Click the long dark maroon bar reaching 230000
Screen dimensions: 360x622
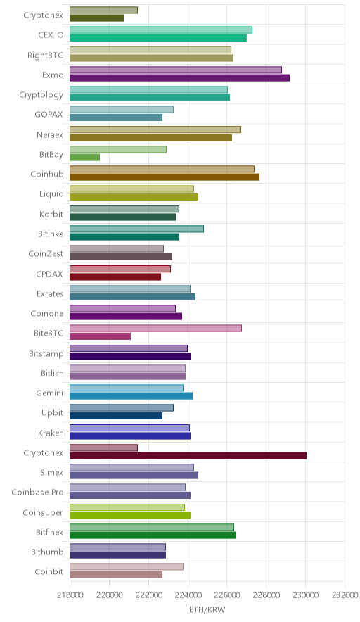(188, 456)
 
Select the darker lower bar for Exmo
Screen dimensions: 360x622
(179, 77)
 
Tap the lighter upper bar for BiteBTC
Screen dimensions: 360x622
(155, 329)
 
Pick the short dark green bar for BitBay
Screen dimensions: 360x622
(85, 158)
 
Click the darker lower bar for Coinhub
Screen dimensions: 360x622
(165, 177)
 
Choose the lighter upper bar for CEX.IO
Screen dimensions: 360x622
(161, 30)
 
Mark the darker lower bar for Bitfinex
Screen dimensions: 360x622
(153, 535)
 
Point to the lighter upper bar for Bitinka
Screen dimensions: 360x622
(137, 229)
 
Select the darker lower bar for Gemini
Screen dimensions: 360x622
(131, 396)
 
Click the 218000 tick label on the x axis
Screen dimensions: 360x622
(70, 595)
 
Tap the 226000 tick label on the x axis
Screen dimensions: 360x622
(227, 595)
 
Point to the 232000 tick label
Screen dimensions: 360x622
(345, 595)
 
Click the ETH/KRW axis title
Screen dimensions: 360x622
(207, 610)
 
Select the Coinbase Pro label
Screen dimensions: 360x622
(37, 493)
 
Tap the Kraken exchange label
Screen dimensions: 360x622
(51, 433)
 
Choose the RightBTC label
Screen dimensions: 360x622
(45, 55)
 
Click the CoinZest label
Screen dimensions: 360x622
(46, 253)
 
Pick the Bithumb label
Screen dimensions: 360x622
(47, 552)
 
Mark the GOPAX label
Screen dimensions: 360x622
(49, 114)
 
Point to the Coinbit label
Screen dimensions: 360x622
(49, 571)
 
